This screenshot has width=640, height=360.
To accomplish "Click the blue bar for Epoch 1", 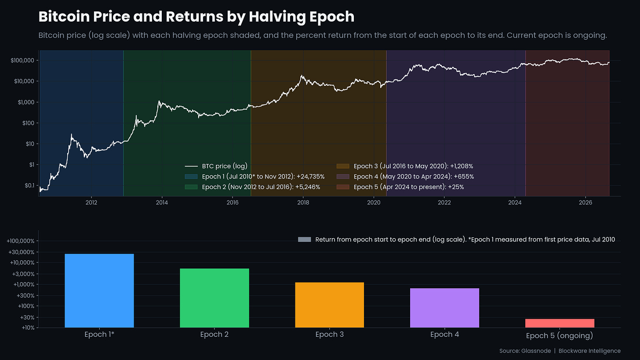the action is click(99, 291).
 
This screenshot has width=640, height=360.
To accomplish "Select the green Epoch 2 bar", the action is click(215, 298).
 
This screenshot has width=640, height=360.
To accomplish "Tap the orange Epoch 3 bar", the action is click(329, 305).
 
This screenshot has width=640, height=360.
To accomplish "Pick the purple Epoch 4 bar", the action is click(444, 308).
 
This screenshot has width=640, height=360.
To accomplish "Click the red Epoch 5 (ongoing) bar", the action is click(560, 323).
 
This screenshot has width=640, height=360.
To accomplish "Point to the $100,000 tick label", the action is click(22, 60).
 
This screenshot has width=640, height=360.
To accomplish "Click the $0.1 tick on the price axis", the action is click(29, 185).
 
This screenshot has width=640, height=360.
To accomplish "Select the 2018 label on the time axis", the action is click(303, 203).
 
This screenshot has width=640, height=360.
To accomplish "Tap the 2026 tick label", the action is click(585, 203).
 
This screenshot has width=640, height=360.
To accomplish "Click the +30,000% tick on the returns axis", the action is click(21, 252).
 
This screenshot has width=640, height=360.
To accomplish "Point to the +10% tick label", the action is click(28, 327).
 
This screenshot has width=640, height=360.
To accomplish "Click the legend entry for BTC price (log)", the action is click(216, 166).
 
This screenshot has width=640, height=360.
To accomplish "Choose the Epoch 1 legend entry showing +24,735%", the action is click(255, 177).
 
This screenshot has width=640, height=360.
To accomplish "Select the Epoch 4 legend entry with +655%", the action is click(405, 177).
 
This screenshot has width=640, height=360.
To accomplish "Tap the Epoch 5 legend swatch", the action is click(343, 187).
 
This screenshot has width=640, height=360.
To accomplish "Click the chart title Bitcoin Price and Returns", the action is click(196, 16).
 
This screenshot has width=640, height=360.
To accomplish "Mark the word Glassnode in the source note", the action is click(536, 351).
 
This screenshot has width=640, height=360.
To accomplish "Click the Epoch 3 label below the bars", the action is click(329, 334).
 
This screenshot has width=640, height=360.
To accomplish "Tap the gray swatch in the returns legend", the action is click(304, 240).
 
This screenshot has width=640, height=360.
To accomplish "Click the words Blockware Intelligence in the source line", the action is click(589, 351).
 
